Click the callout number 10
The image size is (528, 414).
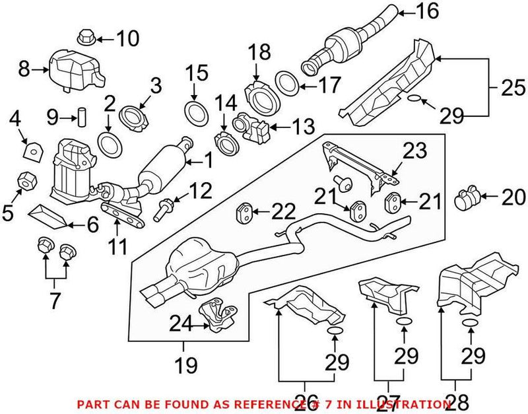[x=128, y=39]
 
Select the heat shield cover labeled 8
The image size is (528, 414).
[x=75, y=71]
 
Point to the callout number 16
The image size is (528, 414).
[x=427, y=11]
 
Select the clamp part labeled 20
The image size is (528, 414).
[x=468, y=196]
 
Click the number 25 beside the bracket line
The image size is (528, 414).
[x=508, y=86]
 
